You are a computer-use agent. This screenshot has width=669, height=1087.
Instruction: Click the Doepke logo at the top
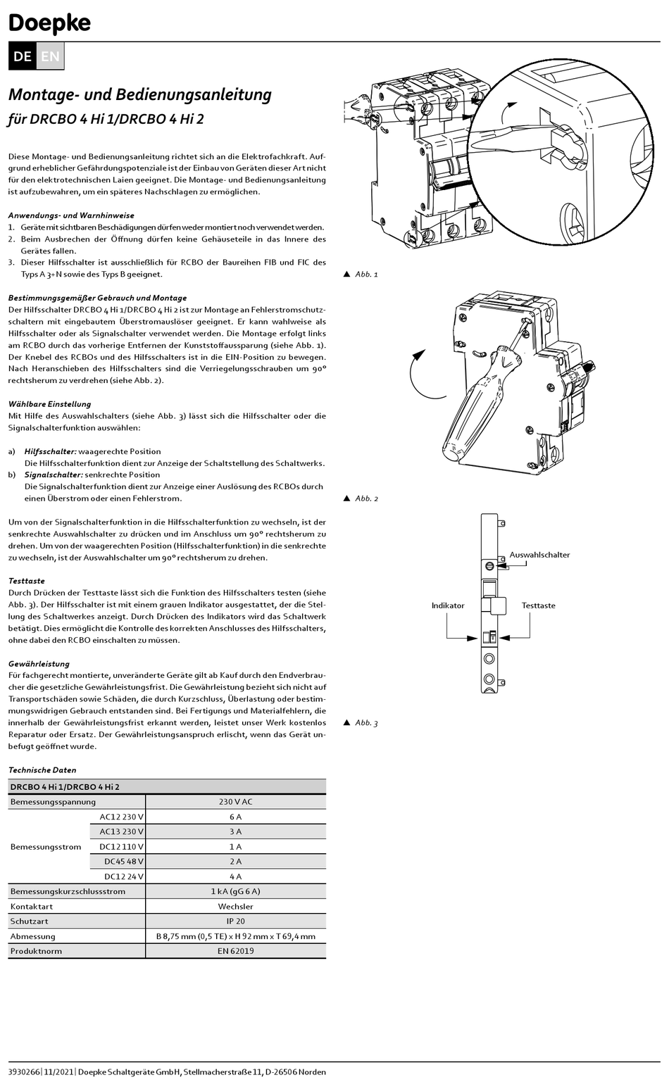[x=49, y=23]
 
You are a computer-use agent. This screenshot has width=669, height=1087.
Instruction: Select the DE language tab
[x=22, y=56]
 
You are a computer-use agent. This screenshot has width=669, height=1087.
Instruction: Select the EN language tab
[x=50, y=56]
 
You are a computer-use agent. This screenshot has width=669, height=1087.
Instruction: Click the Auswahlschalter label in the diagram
[x=539, y=555]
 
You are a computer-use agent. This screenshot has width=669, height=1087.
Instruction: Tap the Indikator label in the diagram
[x=448, y=605]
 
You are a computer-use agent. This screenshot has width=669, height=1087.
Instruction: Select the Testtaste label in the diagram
[x=538, y=605]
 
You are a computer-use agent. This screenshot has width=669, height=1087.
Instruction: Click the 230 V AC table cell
[x=235, y=801]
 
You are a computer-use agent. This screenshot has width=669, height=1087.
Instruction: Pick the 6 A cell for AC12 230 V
[x=235, y=817]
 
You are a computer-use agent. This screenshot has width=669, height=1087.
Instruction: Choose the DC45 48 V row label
[x=123, y=861]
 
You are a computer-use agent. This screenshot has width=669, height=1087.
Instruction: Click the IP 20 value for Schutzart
[x=235, y=921]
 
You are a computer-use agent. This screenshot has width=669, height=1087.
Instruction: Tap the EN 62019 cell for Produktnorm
[x=235, y=951]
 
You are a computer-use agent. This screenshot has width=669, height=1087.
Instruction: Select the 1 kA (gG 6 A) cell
[x=235, y=891]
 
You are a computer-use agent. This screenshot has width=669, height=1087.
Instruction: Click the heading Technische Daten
[x=42, y=770]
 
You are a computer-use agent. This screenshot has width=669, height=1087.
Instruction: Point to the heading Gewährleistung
[x=39, y=663]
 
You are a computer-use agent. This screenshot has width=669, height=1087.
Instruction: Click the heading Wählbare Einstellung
[x=49, y=404]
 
